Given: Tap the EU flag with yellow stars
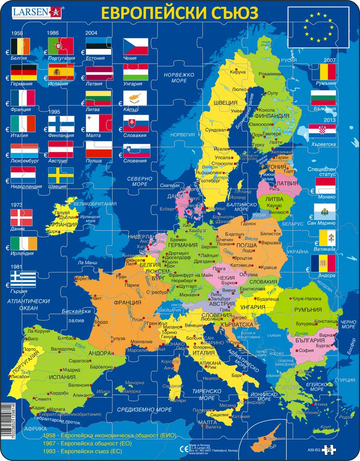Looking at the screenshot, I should click(x=318, y=28).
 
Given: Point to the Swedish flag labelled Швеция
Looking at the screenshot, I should click(x=61, y=175).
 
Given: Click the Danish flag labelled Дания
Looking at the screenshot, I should click(x=22, y=217).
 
